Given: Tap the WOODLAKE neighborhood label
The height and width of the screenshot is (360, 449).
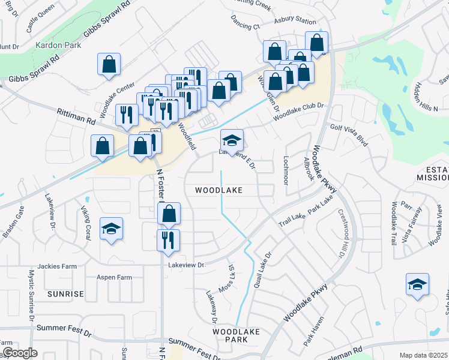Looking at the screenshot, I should coord(218,190).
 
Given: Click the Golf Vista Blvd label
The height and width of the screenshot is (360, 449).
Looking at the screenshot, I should coord(349,132).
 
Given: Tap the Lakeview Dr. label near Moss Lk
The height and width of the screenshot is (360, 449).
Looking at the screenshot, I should coord(187,265).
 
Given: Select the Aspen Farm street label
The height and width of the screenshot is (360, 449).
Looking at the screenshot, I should coord(116,278).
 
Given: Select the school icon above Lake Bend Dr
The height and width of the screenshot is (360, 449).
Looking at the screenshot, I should coord(232,140).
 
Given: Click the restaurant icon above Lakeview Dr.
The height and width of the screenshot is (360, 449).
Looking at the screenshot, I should coord(168,240).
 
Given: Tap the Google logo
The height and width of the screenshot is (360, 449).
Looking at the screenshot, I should coord(20,353).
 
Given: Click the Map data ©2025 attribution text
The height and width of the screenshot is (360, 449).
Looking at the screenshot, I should coord(423,355).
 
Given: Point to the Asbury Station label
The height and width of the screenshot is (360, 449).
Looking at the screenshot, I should coord(295,21).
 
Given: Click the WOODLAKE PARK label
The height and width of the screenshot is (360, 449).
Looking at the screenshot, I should coord(230,335).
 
